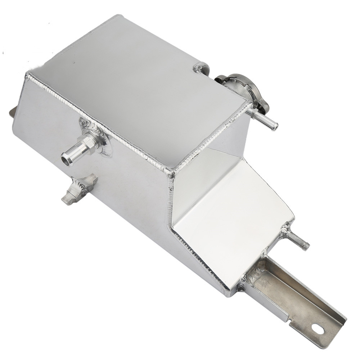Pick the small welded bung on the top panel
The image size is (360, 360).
200,68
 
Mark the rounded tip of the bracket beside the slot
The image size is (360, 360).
337,326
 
